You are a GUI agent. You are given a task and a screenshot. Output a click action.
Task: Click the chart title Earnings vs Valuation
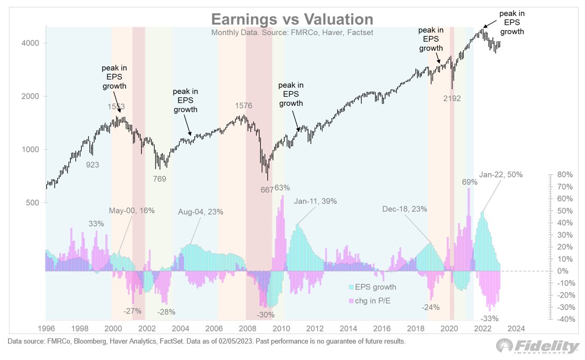tap(292, 19)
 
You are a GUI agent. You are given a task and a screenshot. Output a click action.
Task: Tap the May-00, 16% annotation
tap(132, 210)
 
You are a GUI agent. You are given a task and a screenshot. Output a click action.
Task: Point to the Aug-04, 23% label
tap(201, 211)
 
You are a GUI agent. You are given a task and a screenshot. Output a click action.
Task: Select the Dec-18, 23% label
tap(405, 209)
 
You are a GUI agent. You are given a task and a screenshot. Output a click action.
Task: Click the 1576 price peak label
tap(244, 106)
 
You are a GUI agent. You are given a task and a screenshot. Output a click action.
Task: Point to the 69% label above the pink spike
tap(470, 182)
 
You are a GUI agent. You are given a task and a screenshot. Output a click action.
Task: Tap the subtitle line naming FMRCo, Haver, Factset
tap(292, 32)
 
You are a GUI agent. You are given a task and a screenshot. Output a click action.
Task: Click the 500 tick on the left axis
tap(35, 203)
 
